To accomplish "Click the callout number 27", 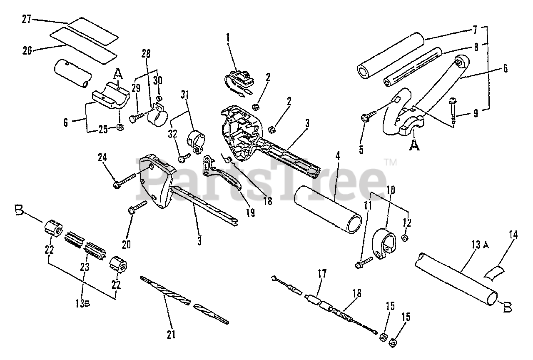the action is tap(27, 19).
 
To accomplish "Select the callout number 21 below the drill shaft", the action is tap(171, 334).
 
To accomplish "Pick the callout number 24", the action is tap(102, 157).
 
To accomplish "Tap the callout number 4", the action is tap(338, 157).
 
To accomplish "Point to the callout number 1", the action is tap(228, 37).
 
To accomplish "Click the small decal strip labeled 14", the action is tap(493, 272).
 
